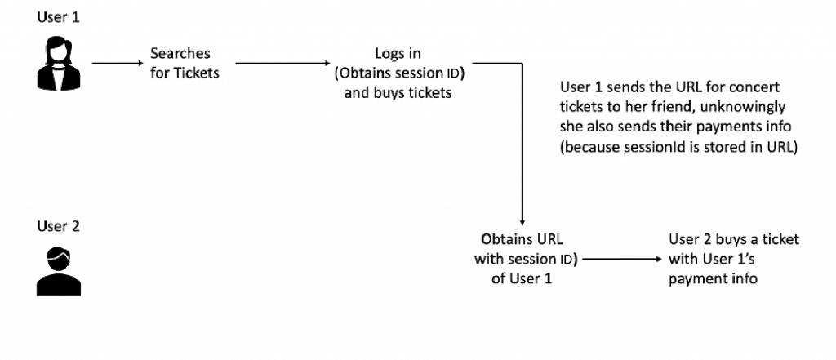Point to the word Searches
[x=180, y=54]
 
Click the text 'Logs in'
[x=398, y=54]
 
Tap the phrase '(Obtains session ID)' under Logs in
[x=398, y=73]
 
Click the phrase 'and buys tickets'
[x=398, y=93]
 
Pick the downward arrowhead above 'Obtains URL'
[x=522, y=219]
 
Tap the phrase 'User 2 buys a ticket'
[x=734, y=239]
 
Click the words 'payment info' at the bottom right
[x=713, y=278]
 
